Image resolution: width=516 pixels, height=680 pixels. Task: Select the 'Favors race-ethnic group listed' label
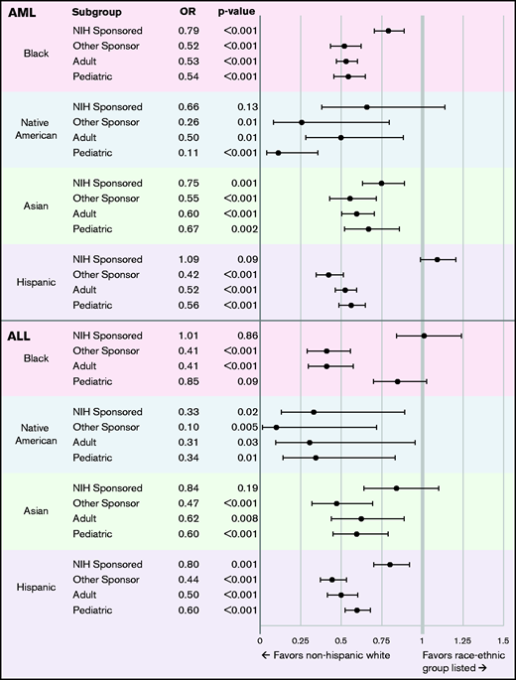click(463, 661)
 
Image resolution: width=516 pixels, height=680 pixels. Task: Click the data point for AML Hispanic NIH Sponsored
click(437, 260)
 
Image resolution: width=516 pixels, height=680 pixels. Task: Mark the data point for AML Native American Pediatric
click(278, 153)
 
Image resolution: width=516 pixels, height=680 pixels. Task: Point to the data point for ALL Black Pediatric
click(398, 381)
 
